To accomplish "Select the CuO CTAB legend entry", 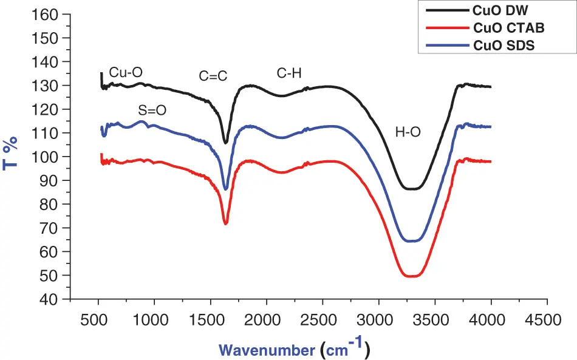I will click(x=507, y=28).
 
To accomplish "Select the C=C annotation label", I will click(x=213, y=76).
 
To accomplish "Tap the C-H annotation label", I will click(x=289, y=73).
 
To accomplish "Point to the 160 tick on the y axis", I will click(x=52, y=15).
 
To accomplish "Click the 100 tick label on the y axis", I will click(x=52, y=157).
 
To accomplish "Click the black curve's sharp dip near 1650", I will click(x=226, y=143).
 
